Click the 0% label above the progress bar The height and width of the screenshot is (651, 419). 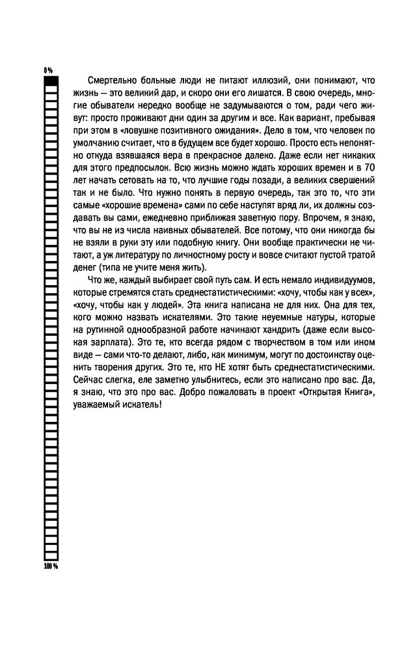47,69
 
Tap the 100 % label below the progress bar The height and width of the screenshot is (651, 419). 51,566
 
